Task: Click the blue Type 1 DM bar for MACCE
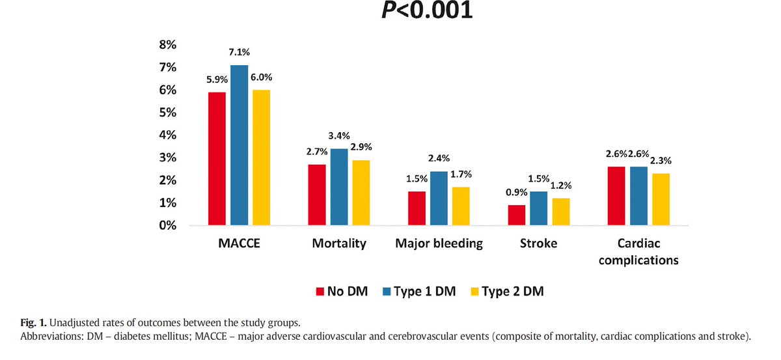(x=239, y=145)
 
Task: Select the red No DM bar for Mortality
(x=317, y=195)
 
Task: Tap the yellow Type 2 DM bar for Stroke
(x=560, y=212)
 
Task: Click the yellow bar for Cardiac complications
(x=661, y=199)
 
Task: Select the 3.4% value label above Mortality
(x=338, y=135)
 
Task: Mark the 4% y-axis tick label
(x=168, y=135)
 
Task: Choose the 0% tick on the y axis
(x=168, y=226)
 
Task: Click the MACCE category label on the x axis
(x=238, y=243)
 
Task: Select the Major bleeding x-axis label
(x=439, y=243)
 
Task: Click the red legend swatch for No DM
(x=320, y=291)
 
